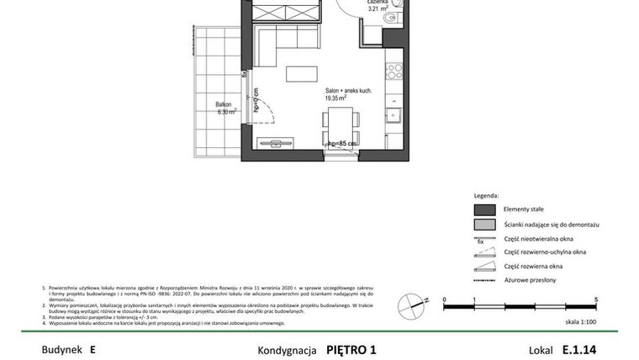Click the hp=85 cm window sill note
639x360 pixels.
pyautogui.click(x=342, y=144)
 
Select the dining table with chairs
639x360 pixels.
pyautogui.click(x=341, y=128)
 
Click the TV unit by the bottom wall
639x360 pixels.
pyautogui.click(x=276, y=144)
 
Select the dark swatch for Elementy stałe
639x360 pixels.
pyautogui.click(x=483, y=209)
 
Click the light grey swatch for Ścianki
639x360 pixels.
pyautogui.click(x=483, y=225)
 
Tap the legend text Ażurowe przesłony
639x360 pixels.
pyautogui.click(x=530, y=280)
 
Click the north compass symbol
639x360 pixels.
pyautogui.click(x=410, y=304)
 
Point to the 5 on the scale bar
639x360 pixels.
pyautogui.click(x=596, y=299)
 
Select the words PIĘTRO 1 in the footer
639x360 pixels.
pyautogui.click(x=351, y=349)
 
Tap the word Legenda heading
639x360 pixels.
pyautogui.click(x=486, y=195)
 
